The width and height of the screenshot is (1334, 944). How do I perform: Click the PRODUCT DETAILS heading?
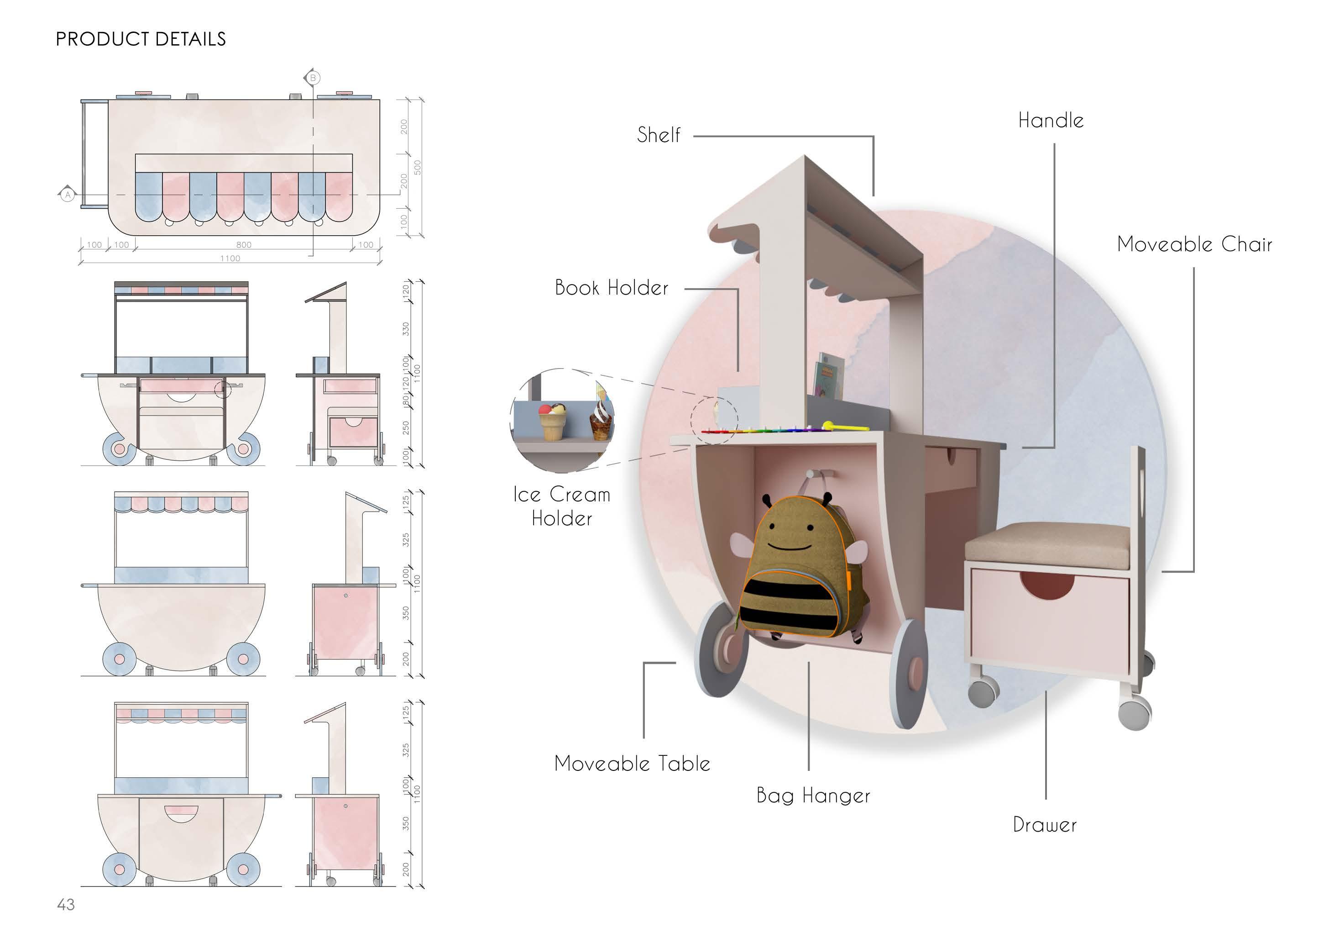click(141, 39)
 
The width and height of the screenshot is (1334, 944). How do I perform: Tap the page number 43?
click(66, 904)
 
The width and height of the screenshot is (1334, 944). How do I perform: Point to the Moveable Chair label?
click(1194, 244)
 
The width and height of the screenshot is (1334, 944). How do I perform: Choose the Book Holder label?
click(611, 288)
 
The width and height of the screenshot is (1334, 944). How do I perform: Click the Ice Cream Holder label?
click(561, 506)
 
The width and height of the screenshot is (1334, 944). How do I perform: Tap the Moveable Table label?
click(632, 763)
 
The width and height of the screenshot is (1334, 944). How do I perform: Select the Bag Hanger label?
click(813, 795)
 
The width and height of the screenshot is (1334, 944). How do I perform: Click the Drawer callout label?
click(1044, 824)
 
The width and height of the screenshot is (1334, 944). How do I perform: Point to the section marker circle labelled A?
click(68, 195)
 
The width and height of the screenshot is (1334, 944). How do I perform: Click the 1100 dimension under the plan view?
click(230, 258)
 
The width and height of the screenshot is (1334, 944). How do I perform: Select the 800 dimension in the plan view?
click(244, 245)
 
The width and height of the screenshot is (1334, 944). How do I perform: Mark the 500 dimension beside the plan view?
click(417, 168)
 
